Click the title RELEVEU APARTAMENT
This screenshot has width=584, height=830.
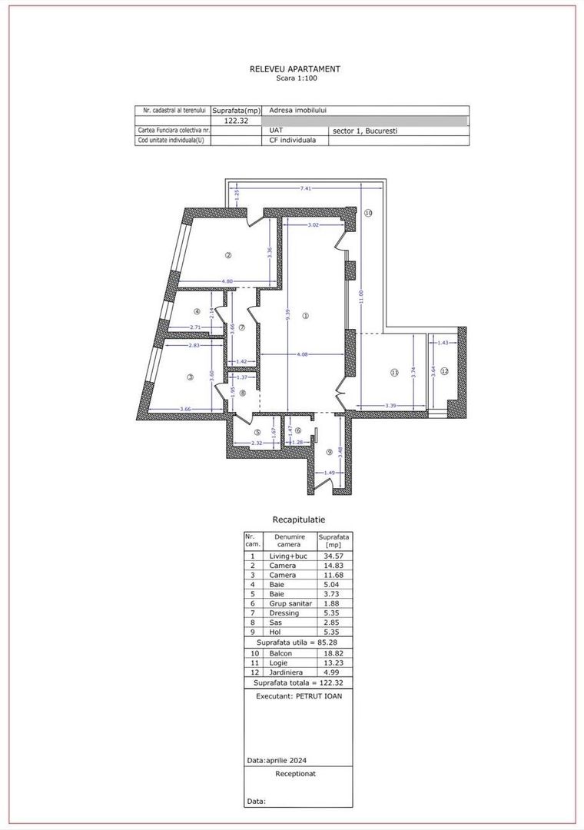[x=295, y=69]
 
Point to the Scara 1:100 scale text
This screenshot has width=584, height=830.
[x=295, y=78]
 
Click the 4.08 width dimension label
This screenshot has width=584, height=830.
[x=304, y=354]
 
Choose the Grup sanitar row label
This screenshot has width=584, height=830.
[x=290, y=603]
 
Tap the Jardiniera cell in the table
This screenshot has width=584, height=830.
[x=287, y=672]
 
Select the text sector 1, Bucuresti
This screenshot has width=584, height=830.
[x=365, y=131]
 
